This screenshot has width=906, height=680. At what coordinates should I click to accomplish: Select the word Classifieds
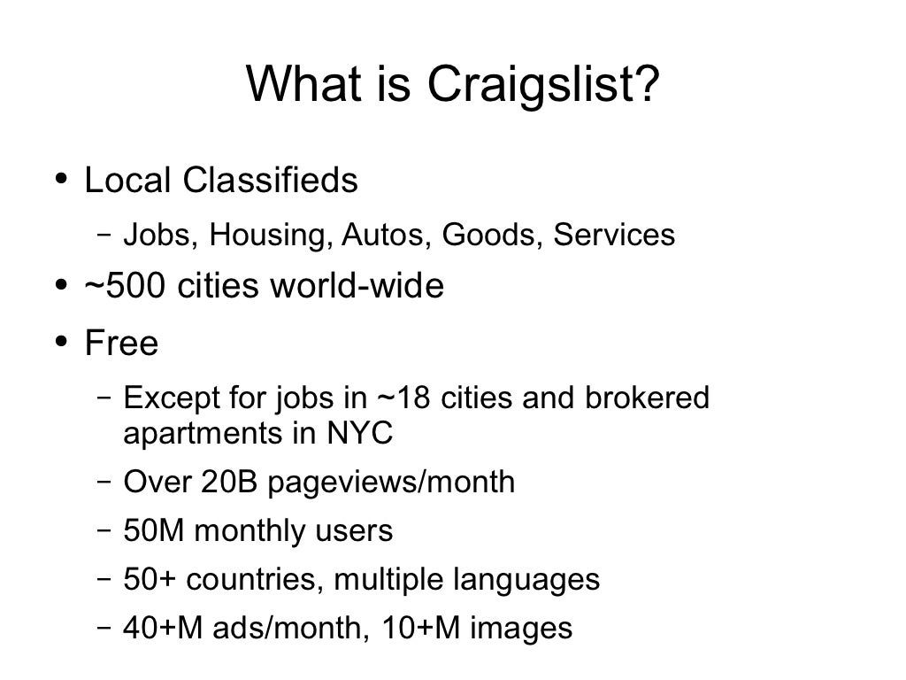click(271, 182)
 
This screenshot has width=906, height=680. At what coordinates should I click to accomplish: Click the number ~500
click(123, 287)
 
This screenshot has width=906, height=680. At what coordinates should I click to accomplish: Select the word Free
click(121, 343)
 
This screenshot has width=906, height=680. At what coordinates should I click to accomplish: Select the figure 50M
click(155, 531)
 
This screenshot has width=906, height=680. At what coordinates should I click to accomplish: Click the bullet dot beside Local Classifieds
click(60, 180)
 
